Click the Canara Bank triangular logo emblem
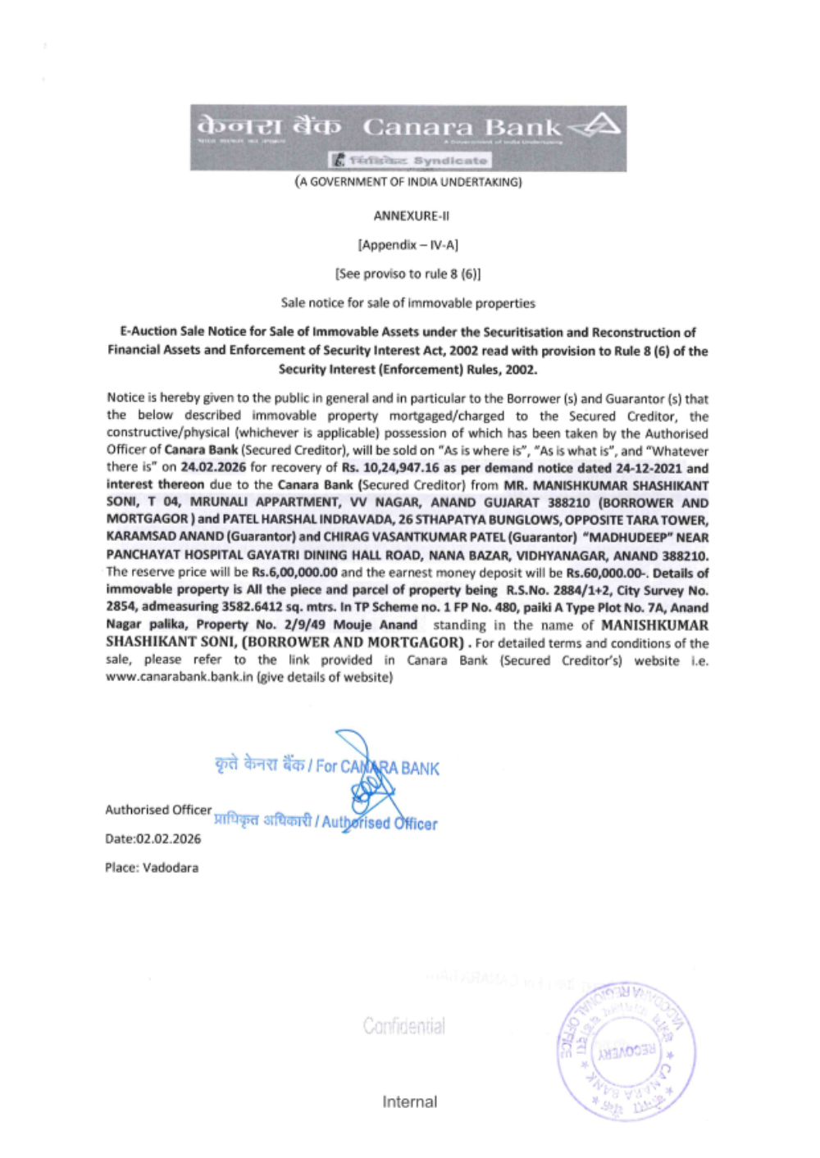pyautogui.click(x=596, y=126)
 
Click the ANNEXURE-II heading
pyautogui.click(x=411, y=216)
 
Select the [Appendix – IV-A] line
pyautogui.click(x=408, y=245)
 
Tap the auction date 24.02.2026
pyautogui.click(x=212, y=468)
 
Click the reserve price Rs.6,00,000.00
pyautogui.click(x=294, y=573)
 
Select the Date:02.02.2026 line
pyautogui.click(x=153, y=839)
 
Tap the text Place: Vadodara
pyautogui.click(x=152, y=868)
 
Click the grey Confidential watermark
pyautogui.click(x=404, y=1026)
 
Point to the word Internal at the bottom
pyautogui.click(x=409, y=1102)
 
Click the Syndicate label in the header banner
pyautogui.click(x=450, y=161)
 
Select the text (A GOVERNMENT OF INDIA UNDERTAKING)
pyautogui.click(x=408, y=182)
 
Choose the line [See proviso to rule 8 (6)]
pyautogui.click(x=408, y=274)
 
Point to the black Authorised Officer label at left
pyautogui.click(x=158, y=810)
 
